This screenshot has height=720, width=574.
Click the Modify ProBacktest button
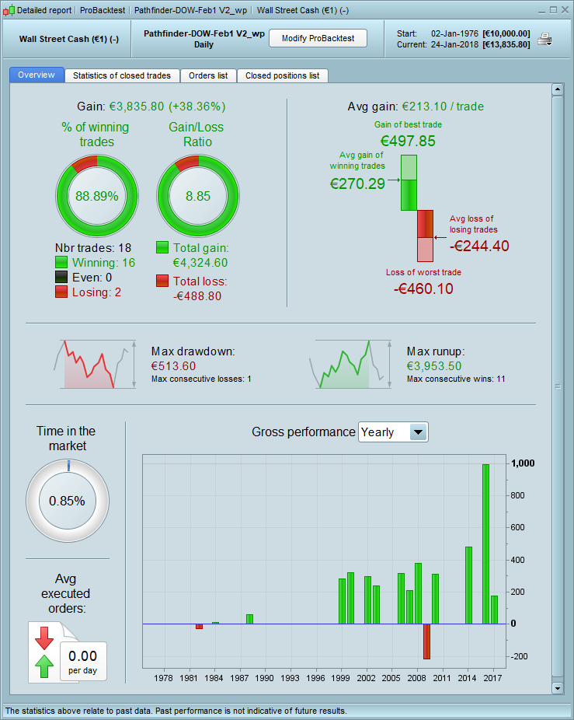[318, 38]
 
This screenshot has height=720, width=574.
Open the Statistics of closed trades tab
[122, 75]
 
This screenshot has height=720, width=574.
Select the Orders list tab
[208, 75]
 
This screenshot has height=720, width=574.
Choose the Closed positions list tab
[282, 75]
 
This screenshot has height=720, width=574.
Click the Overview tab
[37, 75]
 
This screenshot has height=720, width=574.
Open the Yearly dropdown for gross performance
[418, 432]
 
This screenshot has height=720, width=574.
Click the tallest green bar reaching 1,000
[485, 543]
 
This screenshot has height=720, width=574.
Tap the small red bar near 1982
[199, 626]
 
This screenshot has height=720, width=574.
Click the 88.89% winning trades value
[97, 196]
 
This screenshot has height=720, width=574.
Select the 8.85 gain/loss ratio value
[198, 196]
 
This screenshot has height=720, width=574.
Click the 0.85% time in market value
[67, 501]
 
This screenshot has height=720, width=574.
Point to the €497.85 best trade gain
[408, 141]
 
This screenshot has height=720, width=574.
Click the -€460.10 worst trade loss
[423, 288]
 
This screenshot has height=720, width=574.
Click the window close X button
[565, 10]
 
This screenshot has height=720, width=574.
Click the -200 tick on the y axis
[518, 656]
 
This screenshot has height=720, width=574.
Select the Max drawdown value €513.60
[173, 366]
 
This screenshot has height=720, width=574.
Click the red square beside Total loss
[162, 281]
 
